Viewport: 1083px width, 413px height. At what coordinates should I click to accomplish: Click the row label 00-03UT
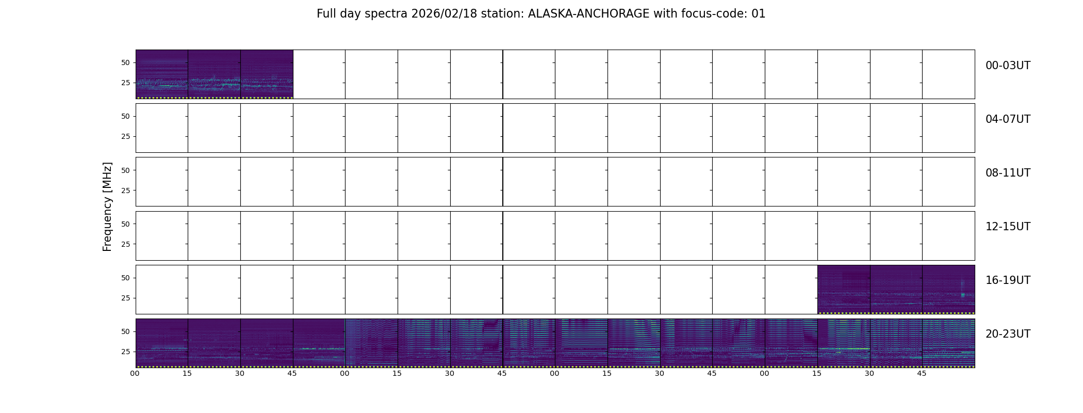(x=1008, y=66)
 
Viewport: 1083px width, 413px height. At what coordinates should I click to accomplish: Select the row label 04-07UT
(x=1008, y=119)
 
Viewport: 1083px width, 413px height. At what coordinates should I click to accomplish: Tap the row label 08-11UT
(x=1008, y=173)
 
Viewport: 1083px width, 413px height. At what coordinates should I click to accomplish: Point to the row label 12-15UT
(x=1008, y=227)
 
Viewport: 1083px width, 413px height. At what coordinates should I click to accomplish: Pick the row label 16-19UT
(x=1008, y=280)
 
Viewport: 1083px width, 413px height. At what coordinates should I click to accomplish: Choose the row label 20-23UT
(x=1008, y=334)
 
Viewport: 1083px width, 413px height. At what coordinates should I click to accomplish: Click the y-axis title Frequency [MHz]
(x=107, y=206)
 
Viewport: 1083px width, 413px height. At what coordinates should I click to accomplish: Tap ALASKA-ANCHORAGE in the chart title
(x=588, y=14)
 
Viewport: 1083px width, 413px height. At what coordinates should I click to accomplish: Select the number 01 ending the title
(x=758, y=14)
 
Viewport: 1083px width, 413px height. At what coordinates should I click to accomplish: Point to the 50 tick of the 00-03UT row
(x=125, y=62)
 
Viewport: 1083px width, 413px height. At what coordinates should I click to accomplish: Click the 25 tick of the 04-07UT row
(x=125, y=136)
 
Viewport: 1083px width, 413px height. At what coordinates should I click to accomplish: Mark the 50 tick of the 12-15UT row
(x=125, y=224)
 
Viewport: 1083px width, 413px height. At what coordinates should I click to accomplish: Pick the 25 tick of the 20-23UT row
(x=125, y=352)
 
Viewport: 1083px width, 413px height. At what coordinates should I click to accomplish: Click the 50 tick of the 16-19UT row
(x=125, y=278)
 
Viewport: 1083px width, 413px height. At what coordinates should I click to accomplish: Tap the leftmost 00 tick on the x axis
(x=135, y=373)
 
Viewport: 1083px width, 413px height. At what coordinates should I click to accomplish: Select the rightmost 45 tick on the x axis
(x=922, y=373)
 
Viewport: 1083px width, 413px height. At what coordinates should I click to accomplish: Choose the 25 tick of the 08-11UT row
(x=125, y=190)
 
